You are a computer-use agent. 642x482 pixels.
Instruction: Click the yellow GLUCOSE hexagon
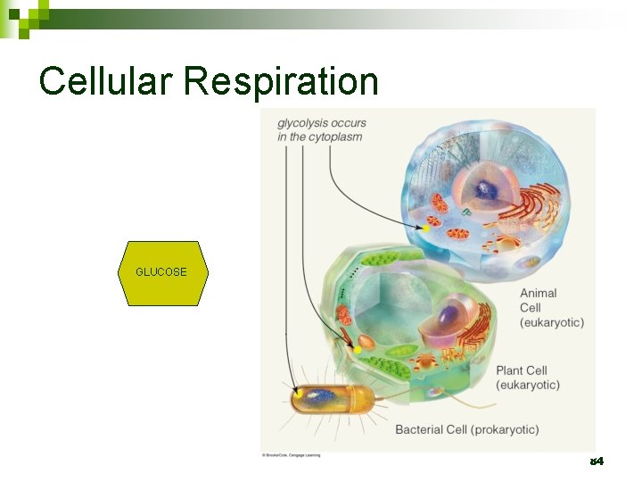point(162,273)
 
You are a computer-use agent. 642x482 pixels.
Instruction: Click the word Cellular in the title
point(106,81)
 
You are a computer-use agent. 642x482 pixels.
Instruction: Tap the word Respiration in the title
point(282,81)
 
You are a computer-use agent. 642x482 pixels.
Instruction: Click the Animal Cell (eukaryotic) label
point(551,307)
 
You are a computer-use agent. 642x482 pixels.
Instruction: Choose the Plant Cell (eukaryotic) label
point(528,378)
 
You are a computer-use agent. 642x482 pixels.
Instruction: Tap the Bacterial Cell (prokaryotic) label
point(467,429)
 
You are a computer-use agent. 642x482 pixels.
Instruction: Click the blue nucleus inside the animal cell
point(488,189)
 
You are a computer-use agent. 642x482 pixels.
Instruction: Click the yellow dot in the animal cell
point(426,229)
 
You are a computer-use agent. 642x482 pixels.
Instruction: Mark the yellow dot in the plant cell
point(358,350)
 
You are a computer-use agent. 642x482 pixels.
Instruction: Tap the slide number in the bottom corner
point(597,461)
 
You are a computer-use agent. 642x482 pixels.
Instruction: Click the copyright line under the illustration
point(291,455)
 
